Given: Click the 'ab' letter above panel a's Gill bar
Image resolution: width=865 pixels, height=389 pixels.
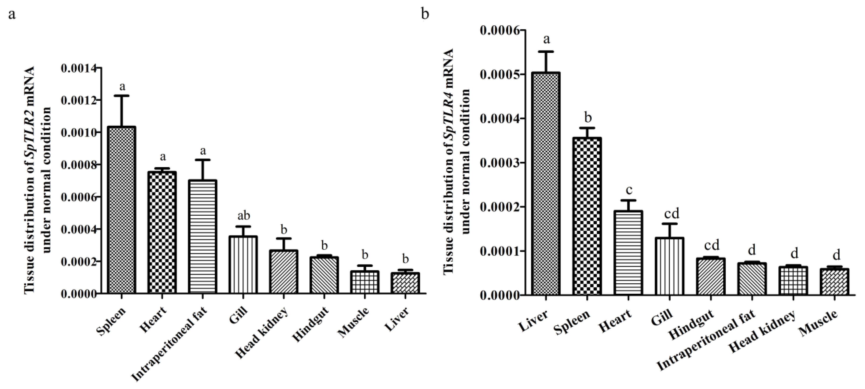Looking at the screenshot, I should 244,215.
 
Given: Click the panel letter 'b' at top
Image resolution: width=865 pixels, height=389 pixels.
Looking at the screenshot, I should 425,14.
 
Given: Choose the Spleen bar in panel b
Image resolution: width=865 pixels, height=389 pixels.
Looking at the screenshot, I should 587,216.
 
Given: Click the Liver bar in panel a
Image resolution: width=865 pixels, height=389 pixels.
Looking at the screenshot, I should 405,283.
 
